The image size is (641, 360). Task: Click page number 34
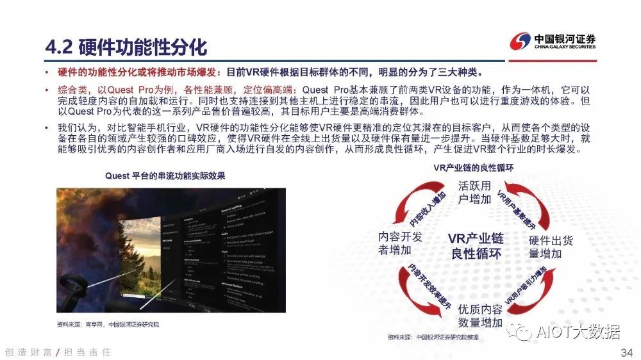627,353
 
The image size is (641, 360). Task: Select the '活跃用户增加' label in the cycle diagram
475,192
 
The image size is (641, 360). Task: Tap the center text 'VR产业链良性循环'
476,245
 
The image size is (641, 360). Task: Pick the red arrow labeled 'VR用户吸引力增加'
523,288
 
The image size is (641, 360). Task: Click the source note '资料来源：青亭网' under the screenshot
108,324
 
